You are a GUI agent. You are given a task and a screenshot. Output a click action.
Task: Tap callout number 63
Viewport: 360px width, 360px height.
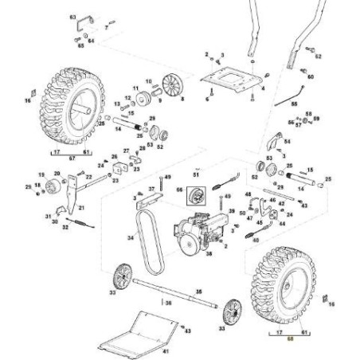(73, 16)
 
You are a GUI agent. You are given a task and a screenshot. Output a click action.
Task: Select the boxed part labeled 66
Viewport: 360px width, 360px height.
(192, 193)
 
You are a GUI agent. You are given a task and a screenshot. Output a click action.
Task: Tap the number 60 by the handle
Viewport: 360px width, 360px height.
(311, 76)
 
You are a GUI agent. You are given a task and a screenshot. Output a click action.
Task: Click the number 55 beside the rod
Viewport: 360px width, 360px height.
(293, 104)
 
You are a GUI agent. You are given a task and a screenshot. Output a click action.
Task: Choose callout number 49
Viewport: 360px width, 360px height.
(167, 176)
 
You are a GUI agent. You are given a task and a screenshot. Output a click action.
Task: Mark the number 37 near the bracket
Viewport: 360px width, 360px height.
(150, 189)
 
